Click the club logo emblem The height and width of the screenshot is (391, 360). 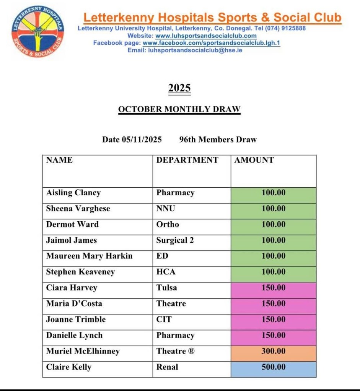tap(38, 31)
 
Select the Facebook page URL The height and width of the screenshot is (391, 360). tap(211, 43)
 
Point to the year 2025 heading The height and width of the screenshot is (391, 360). tap(179, 88)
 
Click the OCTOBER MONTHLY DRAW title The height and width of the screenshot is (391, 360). tap(179, 109)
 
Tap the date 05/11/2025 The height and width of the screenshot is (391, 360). tap(142, 140)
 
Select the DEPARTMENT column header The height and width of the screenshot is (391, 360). tap(187, 160)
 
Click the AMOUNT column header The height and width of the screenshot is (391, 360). tap(254, 160)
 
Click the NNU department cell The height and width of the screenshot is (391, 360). tap(165, 209)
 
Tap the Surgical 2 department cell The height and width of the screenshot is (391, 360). tap(175, 240)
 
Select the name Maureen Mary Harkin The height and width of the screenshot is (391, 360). tap(89, 256)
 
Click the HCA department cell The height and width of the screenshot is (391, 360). tap(166, 272)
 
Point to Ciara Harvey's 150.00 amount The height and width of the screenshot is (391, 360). tap(274, 288)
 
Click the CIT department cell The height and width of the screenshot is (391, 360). tap(164, 320)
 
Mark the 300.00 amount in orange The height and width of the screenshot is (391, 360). tap(274, 351)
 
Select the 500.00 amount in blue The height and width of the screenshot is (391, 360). tap(274, 367)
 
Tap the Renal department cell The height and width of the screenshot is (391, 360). tap(167, 367)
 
